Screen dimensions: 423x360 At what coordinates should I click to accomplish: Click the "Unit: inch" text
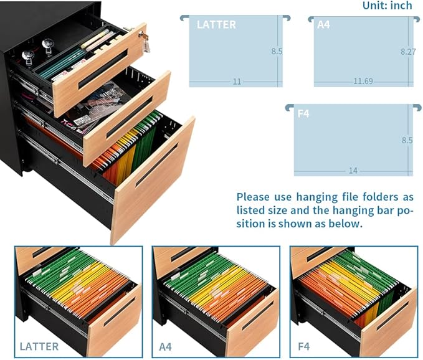(x=387, y=6)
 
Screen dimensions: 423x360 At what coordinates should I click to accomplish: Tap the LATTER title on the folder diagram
(x=216, y=25)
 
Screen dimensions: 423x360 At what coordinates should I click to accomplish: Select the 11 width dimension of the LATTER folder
(x=237, y=82)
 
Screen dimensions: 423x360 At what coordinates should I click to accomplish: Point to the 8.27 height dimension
(x=408, y=52)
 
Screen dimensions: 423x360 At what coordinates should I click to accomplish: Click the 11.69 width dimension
(x=363, y=81)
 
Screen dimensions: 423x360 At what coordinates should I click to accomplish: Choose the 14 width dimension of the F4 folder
(x=353, y=171)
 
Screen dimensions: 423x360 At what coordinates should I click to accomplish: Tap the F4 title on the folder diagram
(x=303, y=114)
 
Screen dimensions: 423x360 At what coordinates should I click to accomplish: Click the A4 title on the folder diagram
(x=323, y=25)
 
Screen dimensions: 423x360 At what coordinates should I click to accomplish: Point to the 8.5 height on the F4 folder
(x=407, y=140)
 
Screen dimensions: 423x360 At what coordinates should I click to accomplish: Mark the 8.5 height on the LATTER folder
(x=277, y=51)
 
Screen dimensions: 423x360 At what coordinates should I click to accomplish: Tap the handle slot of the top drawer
(x=103, y=70)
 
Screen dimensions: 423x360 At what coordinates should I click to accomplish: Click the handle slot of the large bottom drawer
(x=157, y=165)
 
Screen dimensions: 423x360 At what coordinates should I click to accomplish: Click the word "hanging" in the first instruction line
(x=317, y=197)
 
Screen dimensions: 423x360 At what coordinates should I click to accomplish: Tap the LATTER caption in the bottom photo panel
(x=39, y=346)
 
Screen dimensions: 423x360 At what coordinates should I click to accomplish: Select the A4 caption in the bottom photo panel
(x=165, y=347)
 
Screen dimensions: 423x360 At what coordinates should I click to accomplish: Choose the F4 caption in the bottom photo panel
(x=304, y=347)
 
